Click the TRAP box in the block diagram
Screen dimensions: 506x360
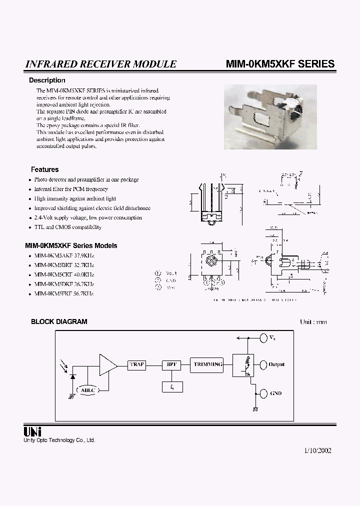point(136,364)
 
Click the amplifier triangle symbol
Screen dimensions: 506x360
point(107,364)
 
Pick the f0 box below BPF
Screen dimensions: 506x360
point(172,386)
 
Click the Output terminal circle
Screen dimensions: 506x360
point(263,364)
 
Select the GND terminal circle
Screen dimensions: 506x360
point(263,393)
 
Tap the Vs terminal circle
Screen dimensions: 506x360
point(263,337)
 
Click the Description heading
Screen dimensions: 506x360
point(47,80)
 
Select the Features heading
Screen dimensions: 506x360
point(45,169)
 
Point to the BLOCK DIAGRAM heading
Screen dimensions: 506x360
point(59,321)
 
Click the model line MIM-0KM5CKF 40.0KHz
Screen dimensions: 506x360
point(64,274)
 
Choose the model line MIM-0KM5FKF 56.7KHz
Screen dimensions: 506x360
point(64,293)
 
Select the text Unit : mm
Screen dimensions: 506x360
point(313,321)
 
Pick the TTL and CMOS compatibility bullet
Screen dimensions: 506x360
point(67,227)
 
